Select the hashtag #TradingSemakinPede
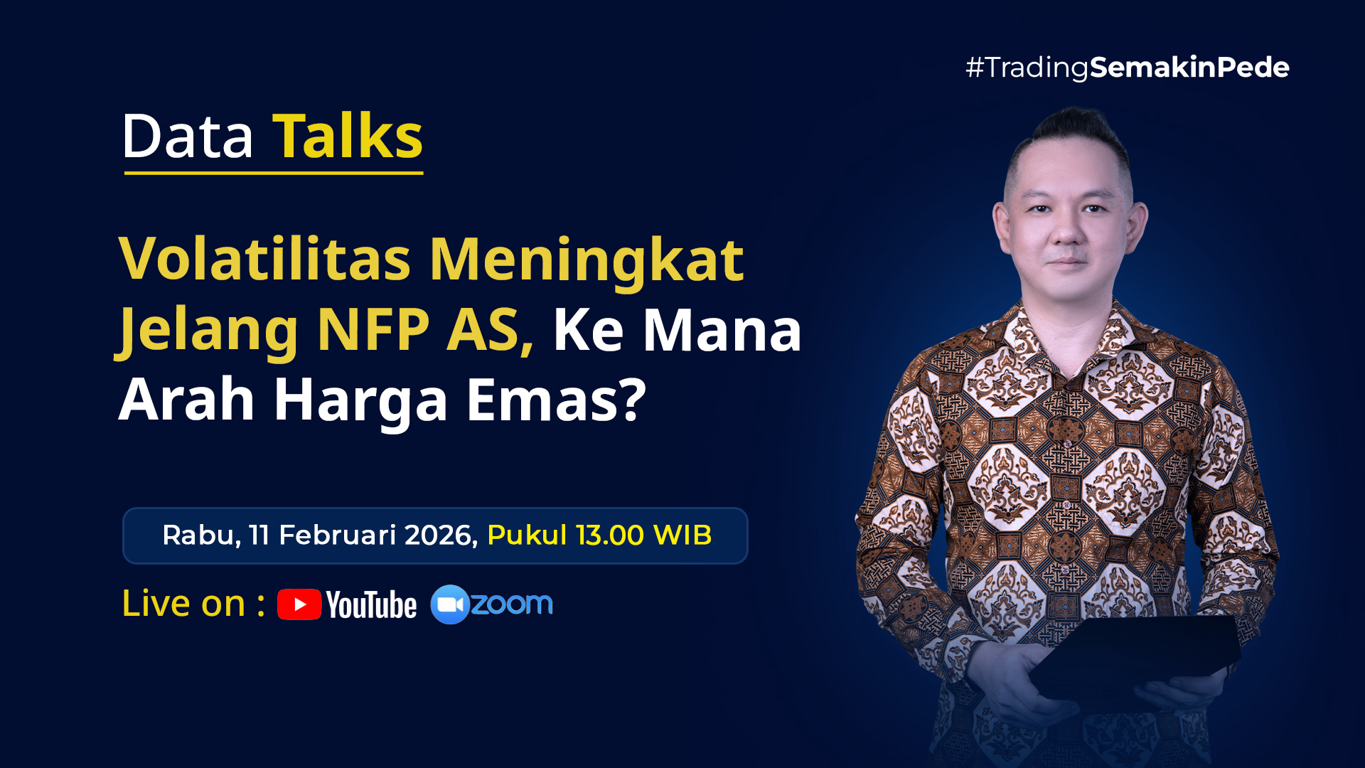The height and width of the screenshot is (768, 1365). click(1128, 68)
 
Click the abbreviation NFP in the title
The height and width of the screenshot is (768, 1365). click(373, 329)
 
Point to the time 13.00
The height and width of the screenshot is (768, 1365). click(610, 535)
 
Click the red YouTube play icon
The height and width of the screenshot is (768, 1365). click(299, 604)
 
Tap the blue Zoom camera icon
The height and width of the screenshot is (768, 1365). click(449, 604)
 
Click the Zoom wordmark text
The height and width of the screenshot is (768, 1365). click(512, 604)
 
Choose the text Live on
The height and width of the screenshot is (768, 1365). click(184, 603)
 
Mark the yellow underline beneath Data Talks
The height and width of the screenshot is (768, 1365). click(274, 173)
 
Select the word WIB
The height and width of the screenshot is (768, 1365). click(682, 535)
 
